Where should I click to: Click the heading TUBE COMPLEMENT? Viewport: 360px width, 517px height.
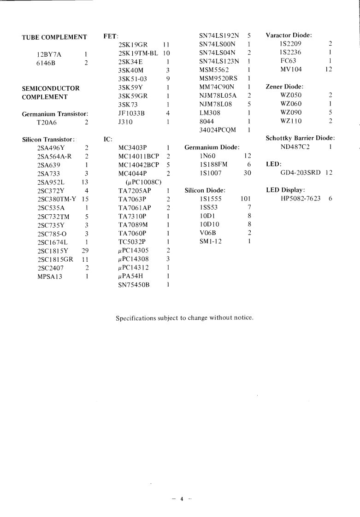pyautogui.click(x=54, y=37)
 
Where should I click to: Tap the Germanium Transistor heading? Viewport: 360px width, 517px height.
pyautogui.click(x=55, y=114)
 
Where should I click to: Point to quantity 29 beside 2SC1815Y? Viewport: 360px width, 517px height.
pyautogui.click(x=85, y=251)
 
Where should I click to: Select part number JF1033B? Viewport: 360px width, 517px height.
pyautogui.click(x=131, y=113)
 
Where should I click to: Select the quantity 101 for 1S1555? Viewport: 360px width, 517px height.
pyautogui.click(x=245, y=199)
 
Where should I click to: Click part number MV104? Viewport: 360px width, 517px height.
pyautogui.click(x=291, y=70)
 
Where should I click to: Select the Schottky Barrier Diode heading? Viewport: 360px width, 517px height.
pyautogui.click(x=300, y=138)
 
